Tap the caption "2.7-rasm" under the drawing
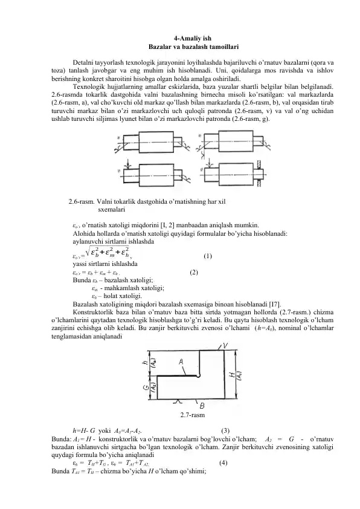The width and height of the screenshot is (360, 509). tap(192, 415)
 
